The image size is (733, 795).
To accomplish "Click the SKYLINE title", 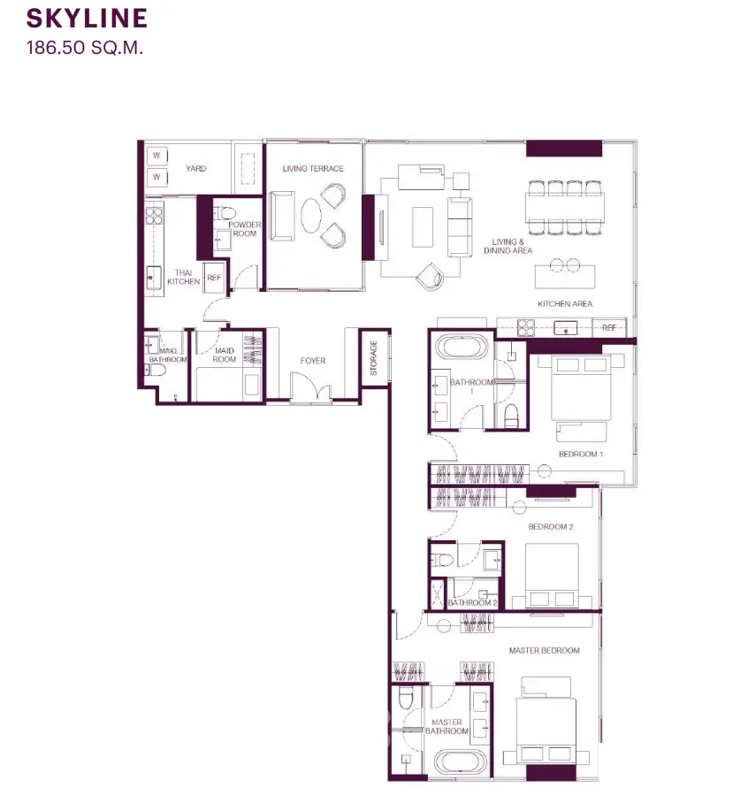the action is [x=87, y=19].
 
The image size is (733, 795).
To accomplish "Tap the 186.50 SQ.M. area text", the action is [x=85, y=48].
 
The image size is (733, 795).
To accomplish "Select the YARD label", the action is [x=195, y=168].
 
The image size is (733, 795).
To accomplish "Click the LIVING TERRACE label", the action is [x=313, y=168].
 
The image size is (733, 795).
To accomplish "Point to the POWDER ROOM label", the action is [x=245, y=229].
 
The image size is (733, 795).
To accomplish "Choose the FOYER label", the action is [x=313, y=361].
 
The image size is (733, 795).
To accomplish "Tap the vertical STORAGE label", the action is [x=374, y=358].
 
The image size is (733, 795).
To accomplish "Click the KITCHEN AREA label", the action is [x=565, y=303].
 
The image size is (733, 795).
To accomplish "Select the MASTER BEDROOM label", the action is [x=545, y=651].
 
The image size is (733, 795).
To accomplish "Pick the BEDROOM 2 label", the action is [x=551, y=527].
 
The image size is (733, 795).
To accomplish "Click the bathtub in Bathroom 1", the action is [x=462, y=348].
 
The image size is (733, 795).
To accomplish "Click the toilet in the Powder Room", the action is [x=224, y=212].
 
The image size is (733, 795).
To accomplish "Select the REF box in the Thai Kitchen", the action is [x=214, y=278].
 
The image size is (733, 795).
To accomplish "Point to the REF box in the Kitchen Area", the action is [x=609, y=327].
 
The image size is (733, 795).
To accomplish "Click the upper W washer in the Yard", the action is [x=157, y=156].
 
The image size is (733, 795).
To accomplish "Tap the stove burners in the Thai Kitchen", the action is [x=154, y=216].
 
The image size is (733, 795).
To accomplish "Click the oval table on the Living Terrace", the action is [x=311, y=215].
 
